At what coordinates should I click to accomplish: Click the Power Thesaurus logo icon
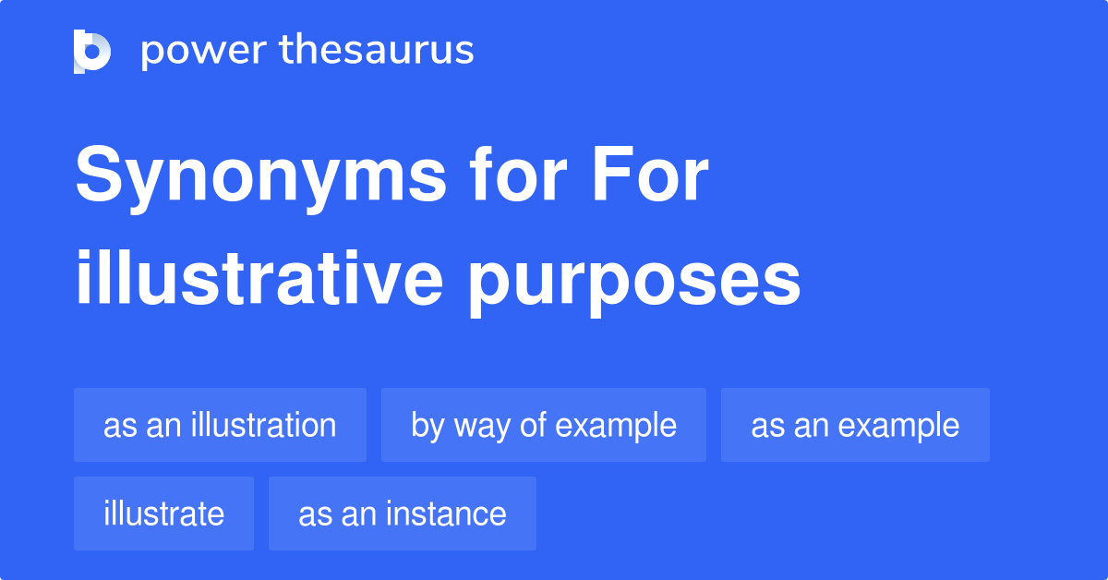(x=92, y=51)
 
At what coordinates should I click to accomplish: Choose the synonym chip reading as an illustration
(x=220, y=425)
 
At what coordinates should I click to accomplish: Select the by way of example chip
(x=544, y=425)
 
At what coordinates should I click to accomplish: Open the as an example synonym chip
(x=855, y=425)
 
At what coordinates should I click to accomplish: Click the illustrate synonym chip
(x=163, y=514)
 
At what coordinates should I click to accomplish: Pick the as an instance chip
(x=403, y=514)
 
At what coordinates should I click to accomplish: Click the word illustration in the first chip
(x=263, y=425)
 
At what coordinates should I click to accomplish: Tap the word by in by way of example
(x=428, y=427)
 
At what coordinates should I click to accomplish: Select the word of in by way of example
(x=533, y=425)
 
